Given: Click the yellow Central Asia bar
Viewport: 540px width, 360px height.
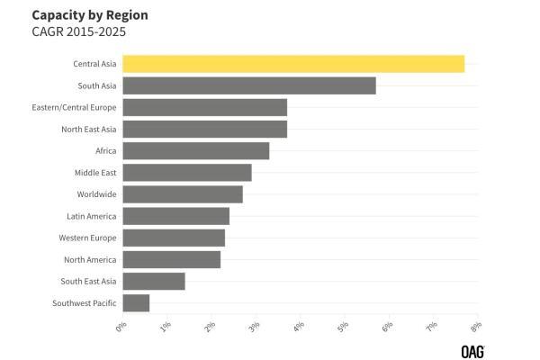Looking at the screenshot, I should coord(293,64).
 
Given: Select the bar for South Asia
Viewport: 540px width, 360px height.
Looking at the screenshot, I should coord(248,85).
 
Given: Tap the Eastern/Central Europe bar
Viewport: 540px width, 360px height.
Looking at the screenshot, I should coord(204,107).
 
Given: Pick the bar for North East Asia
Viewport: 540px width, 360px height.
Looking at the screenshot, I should coord(204,129).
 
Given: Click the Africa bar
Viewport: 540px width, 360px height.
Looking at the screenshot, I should coord(195,150).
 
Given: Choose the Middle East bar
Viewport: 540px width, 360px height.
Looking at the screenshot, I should coord(186,173).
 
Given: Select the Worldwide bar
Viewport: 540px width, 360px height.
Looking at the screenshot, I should coord(182,194).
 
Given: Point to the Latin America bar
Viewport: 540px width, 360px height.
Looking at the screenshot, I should coord(175,216).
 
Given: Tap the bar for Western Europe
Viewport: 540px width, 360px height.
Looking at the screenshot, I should coord(174,238).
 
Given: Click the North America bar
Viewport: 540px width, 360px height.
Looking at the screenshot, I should coord(171,259).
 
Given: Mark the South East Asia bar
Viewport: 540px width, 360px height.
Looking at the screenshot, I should coord(153,281).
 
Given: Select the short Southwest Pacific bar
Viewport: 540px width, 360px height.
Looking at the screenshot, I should coord(136,303).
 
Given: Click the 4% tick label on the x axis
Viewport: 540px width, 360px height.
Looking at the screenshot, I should coord(299,326).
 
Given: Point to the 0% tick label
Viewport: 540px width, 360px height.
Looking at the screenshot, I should coord(121,326).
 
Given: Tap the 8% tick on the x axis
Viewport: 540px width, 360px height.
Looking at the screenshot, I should coord(475,326).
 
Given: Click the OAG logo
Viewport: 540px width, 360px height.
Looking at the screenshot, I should coord(472,350).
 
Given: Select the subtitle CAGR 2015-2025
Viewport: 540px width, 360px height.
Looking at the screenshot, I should coord(78,31).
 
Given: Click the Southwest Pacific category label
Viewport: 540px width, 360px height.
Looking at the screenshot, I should coord(85,303).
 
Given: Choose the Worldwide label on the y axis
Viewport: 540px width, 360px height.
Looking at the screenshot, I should coord(96,194).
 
